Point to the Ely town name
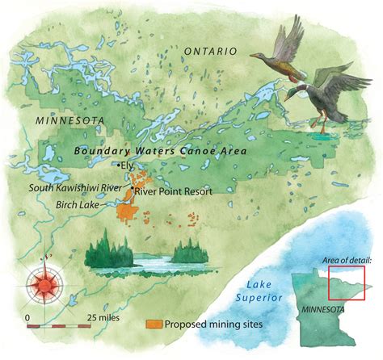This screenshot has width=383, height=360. coord(128,167)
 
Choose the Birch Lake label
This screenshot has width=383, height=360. coord(78,205)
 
